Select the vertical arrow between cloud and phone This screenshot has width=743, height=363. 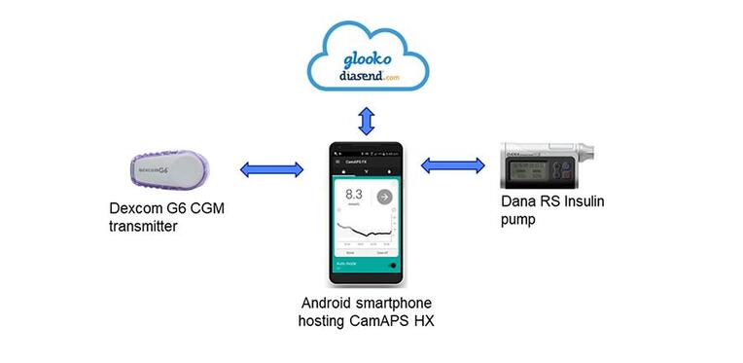tap(368, 122)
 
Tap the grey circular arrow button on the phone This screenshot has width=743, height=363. tap(384, 196)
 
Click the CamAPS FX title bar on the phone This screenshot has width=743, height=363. tap(367, 167)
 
